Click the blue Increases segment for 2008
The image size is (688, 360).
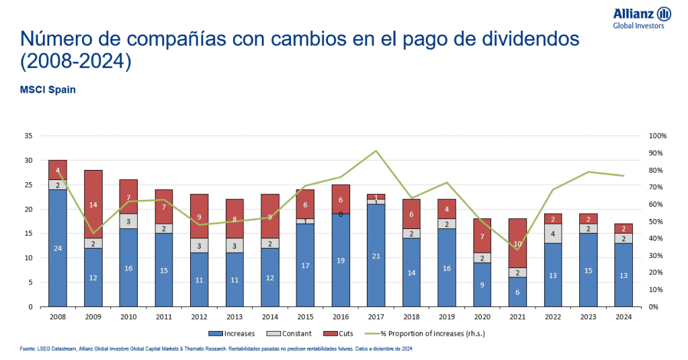tap(58, 248)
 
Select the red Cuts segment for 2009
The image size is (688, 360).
tap(93, 204)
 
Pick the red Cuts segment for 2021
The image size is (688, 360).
tap(517, 242)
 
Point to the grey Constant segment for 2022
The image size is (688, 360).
tap(553, 234)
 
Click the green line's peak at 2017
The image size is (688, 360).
tap(376, 150)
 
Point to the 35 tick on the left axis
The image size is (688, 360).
tap(28, 136)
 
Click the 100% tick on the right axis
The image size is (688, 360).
tap(658, 136)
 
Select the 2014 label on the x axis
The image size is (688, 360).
tap(270, 316)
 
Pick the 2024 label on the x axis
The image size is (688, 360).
tap(623, 316)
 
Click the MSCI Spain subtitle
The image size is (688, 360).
tap(48, 89)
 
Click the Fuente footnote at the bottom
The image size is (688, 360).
tap(215, 349)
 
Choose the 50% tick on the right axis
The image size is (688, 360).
tap(656, 221)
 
